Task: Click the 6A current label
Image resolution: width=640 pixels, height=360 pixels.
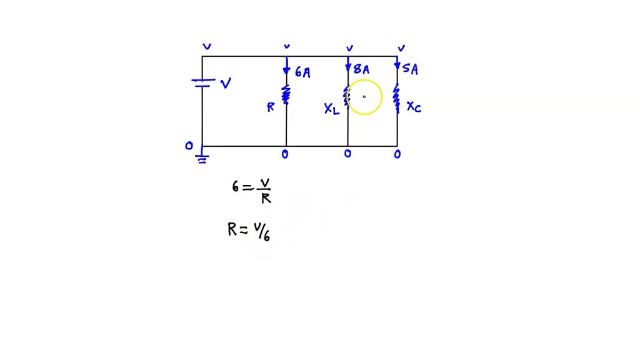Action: [302, 72]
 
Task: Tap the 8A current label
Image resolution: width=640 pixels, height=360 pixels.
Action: [361, 69]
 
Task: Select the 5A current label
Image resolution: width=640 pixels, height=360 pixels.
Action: [410, 69]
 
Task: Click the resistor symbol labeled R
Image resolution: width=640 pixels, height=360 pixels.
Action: [286, 95]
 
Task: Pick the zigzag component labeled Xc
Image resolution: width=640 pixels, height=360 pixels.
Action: [396, 99]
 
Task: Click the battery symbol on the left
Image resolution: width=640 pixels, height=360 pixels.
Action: [202, 82]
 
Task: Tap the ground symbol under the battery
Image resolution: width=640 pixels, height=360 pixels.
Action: [202, 157]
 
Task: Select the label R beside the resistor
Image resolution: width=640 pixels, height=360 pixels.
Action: [271, 107]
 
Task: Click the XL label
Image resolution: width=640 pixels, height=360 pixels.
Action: [332, 109]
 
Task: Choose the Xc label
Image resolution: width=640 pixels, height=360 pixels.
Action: [414, 107]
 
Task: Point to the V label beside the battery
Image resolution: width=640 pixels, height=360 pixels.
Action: [226, 83]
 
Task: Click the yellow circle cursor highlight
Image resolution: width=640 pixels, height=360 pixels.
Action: [364, 97]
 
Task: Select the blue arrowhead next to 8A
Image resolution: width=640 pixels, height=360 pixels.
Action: [348, 68]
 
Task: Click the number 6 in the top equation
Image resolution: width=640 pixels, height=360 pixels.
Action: [236, 186]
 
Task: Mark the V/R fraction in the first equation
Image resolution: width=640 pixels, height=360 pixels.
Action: [265, 191]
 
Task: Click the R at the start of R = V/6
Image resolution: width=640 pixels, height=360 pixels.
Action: [232, 230]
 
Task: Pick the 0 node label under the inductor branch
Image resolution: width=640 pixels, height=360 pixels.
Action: [347, 154]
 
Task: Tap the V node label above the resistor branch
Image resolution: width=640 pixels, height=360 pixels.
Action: [287, 47]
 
